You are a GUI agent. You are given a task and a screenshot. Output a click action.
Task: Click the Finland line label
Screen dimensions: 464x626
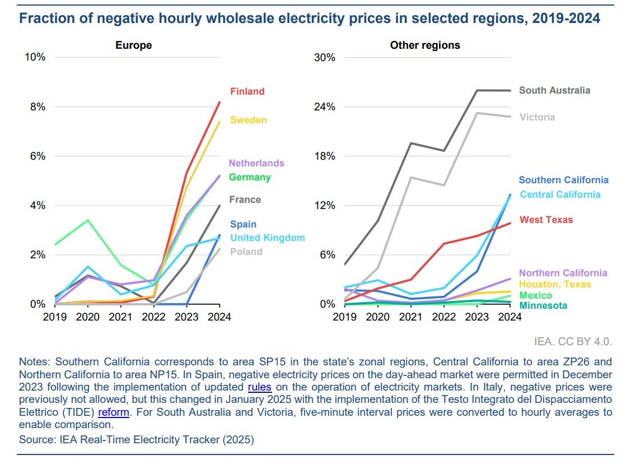pyautogui.click(x=247, y=91)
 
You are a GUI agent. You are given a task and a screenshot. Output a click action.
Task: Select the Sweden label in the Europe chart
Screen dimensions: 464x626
pyautogui.click(x=249, y=120)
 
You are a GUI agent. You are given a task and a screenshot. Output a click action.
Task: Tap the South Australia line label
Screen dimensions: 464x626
pyautogui.click(x=554, y=90)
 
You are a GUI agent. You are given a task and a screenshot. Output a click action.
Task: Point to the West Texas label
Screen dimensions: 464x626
pyautogui.click(x=546, y=220)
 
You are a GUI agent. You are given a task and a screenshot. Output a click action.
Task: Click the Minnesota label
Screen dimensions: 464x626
pyautogui.click(x=543, y=305)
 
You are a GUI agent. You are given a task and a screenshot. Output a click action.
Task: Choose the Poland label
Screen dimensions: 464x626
pyautogui.click(x=246, y=252)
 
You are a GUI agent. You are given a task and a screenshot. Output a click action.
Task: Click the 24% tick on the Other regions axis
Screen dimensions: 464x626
pyautogui.click(x=323, y=107)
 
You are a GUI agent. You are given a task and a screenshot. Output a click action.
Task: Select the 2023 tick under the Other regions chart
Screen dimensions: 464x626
pyautogui.click(x=477, y=317)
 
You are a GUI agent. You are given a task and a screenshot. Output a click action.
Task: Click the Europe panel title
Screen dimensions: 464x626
pyautogui.click(x=134, y=45)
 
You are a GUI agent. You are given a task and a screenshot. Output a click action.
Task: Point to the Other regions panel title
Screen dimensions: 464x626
pyautogui.click(x=425, y=45)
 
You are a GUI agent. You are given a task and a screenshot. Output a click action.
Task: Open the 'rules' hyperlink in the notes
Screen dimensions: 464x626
pyautogui.click(x=258, y=387)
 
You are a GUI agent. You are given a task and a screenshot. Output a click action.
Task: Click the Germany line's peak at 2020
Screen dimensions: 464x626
pyautogui.click(x=88, y=220)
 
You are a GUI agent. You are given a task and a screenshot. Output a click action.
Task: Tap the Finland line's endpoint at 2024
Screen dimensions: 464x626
pyautogui.click(x=220, y=102)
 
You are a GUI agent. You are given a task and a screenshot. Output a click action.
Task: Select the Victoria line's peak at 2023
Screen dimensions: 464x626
pyautogui.click(x=477, y=113)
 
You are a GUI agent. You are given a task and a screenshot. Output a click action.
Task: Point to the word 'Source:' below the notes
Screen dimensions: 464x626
pyautogui.click(x=37, y=440)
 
